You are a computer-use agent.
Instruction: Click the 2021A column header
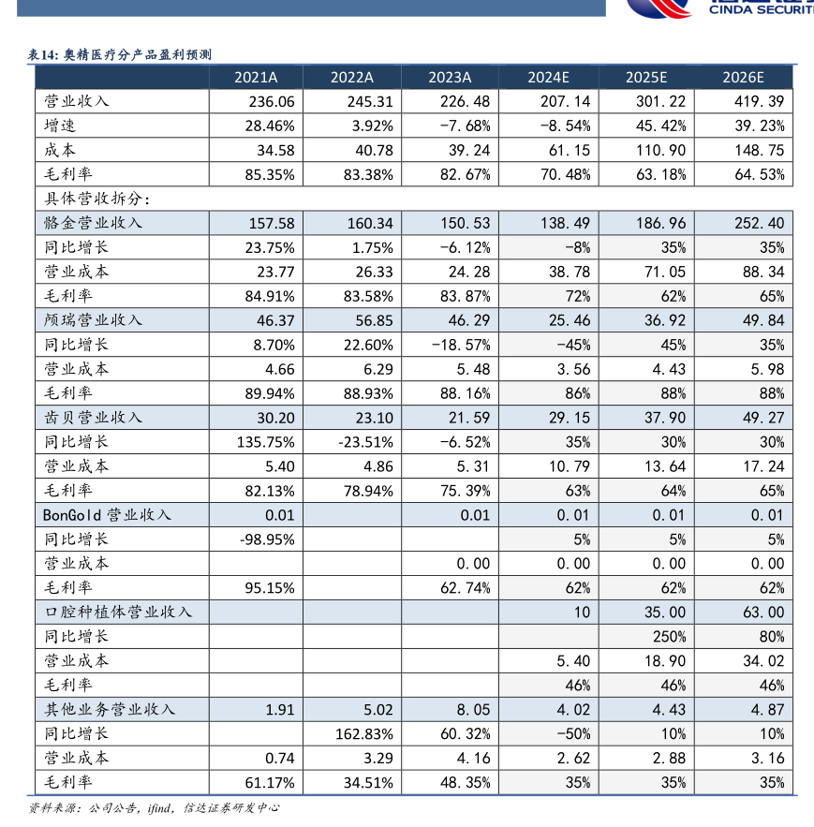click(256, 78)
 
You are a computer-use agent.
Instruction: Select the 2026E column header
click(744, 78)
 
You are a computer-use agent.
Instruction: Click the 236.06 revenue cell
click(272, 102)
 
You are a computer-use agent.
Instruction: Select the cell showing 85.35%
click(271, 175)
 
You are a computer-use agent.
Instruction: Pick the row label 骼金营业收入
click(93, 224)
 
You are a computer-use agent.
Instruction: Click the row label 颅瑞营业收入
click(93, 320)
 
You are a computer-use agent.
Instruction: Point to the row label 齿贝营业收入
click(93, 418)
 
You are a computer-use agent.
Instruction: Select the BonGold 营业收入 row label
click(107, 515)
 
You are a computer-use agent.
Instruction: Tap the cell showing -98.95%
click(268, 539)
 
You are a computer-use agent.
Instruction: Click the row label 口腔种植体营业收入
click(117, 613)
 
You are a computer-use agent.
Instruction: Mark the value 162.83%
click(365, 734)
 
